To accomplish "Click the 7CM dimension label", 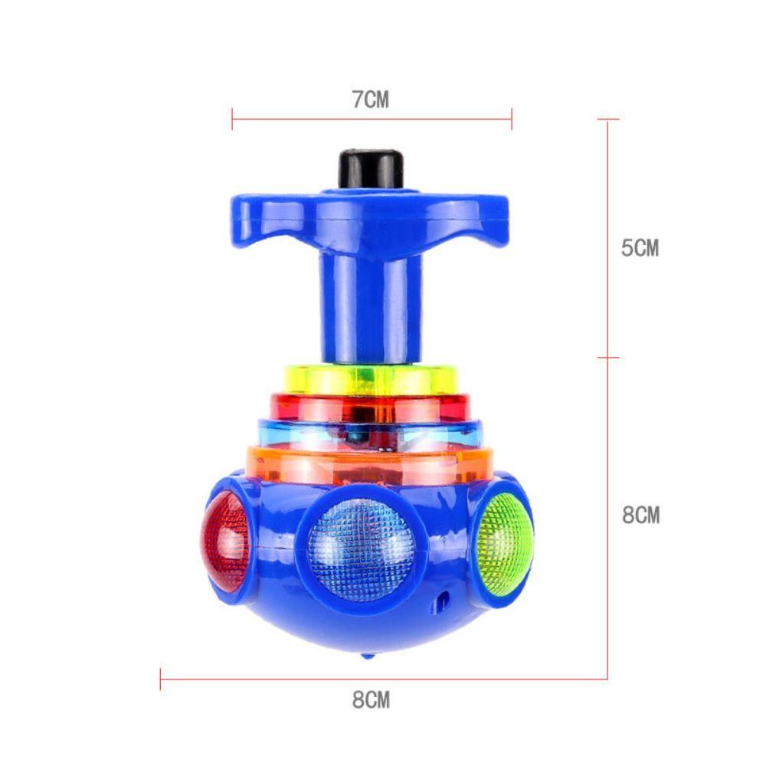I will (371, 100).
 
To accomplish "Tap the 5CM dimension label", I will (640, 248).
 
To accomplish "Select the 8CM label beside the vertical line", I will (640, 516).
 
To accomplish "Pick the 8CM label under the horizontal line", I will (371, 699).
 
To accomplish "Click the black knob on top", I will (372, 168).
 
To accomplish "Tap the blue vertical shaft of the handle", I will (372, 306).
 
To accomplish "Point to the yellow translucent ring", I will (371, 379).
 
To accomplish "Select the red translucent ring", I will (370, 408).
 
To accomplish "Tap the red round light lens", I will (225, 541).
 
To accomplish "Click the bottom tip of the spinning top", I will (369, 656).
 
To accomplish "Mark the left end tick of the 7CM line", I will (232, 119).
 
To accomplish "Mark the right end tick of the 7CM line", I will (512, 119).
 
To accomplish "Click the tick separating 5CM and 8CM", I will (608, 357).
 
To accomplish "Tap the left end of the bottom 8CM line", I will (161, 679).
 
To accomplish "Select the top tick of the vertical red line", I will (608, 119).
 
